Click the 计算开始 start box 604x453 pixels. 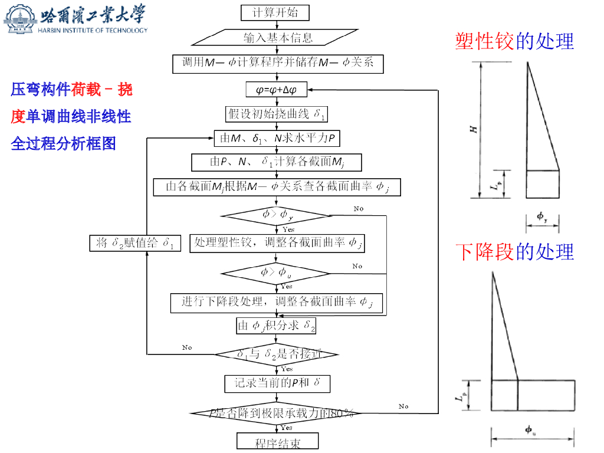[275, 12]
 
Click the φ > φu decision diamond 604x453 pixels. [275, 273]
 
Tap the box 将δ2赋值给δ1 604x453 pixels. [134, 242]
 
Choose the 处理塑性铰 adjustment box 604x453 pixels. [277, 243]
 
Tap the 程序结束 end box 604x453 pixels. [277, 442]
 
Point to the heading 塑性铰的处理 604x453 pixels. [514, 41]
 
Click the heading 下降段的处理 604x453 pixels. [514, 252]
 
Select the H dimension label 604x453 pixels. [473, 129]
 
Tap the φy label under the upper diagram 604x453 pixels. [542, 217]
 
